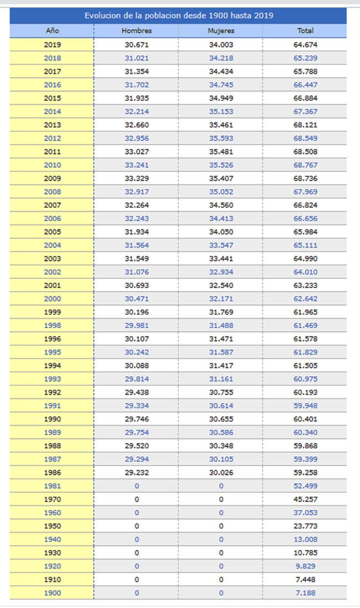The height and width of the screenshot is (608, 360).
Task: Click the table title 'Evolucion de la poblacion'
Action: pos(179,16)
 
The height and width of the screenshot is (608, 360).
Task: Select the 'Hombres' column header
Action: pos(136,31)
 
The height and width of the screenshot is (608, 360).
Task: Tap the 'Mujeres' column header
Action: pos(221,31)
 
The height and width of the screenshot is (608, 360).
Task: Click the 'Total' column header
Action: pos(305,31)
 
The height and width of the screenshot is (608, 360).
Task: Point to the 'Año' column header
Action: pos(52,31)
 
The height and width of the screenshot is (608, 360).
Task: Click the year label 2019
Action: pos(52,45)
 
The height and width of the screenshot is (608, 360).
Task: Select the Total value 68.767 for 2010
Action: pos(305,165)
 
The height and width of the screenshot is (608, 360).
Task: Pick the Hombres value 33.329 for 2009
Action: pos(136,178)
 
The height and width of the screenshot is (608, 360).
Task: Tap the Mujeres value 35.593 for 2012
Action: pos(221,139)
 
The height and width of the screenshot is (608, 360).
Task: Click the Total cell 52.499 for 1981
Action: pos(305,486)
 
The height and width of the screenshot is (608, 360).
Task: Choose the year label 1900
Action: pos(52,593)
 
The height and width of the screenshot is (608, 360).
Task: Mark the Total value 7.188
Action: pos(305,593)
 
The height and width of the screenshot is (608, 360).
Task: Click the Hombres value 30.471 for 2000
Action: pos(136,299)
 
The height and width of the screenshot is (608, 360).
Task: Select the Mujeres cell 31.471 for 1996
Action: pos(221,339)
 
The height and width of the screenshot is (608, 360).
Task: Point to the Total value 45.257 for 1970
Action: pos(305,499)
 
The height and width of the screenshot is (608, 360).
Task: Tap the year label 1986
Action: pos(52,473)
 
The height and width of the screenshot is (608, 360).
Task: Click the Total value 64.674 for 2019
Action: pos(305,45)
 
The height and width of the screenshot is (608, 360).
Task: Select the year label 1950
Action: pos(52,526)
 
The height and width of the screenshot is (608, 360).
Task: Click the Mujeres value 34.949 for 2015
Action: pos(221,98)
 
